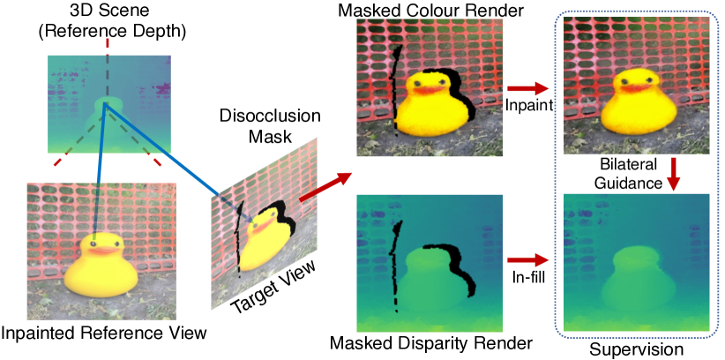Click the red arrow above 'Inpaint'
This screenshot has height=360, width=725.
point(527,88)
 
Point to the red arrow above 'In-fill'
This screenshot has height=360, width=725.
point(527,260)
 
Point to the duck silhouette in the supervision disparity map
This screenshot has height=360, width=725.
point(630,274)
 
